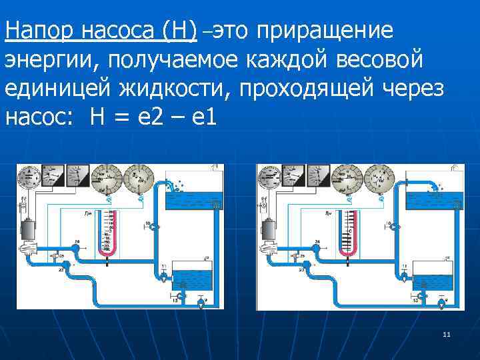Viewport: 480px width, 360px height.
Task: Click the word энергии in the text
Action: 47,60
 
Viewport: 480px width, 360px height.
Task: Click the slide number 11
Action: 447,334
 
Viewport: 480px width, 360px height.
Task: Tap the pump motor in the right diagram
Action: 268,229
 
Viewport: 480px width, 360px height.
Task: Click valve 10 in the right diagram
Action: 395,227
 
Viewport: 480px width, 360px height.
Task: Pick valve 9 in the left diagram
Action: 201,303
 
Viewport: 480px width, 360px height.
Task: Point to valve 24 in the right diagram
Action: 316,247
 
